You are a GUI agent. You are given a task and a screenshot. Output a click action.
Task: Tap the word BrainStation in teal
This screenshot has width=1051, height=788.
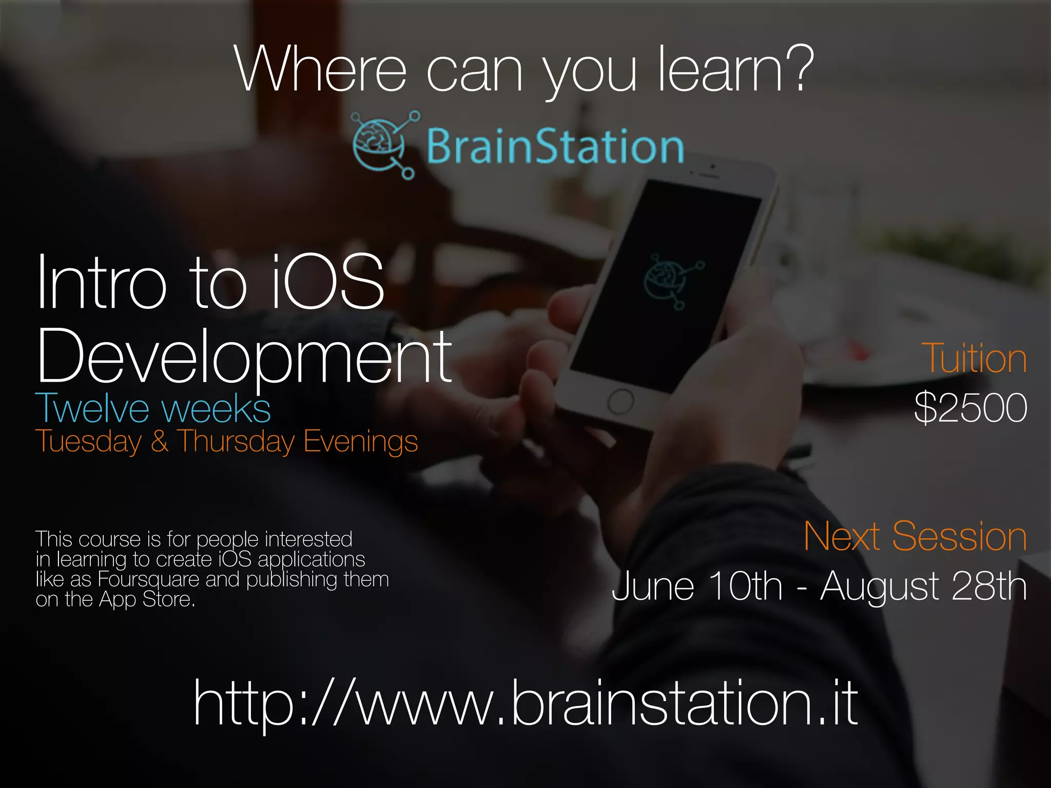(x=555, y=147)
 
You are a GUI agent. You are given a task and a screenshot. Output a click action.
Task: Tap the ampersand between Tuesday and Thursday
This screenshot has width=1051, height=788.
(x=160, y=442)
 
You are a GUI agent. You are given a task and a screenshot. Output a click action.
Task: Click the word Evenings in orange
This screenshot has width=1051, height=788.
(x=361, y=442)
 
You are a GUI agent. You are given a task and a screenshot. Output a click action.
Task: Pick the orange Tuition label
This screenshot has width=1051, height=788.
(x=974, y=359)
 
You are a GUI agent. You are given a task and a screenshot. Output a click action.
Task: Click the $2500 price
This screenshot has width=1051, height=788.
(x=970, y=408)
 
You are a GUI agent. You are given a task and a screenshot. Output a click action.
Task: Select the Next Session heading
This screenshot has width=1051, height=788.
(x=915, y=537)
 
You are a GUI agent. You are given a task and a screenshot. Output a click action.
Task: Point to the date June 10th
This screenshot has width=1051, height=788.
(x=697, y=586)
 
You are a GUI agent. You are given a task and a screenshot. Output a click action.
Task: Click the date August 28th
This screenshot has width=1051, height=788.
(x=923, y=586)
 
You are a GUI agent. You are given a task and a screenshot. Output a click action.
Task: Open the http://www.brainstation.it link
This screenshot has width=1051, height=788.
(x=525, y=703)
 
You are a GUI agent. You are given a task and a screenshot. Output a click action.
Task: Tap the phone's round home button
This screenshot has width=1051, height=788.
(x=620, y=402)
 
